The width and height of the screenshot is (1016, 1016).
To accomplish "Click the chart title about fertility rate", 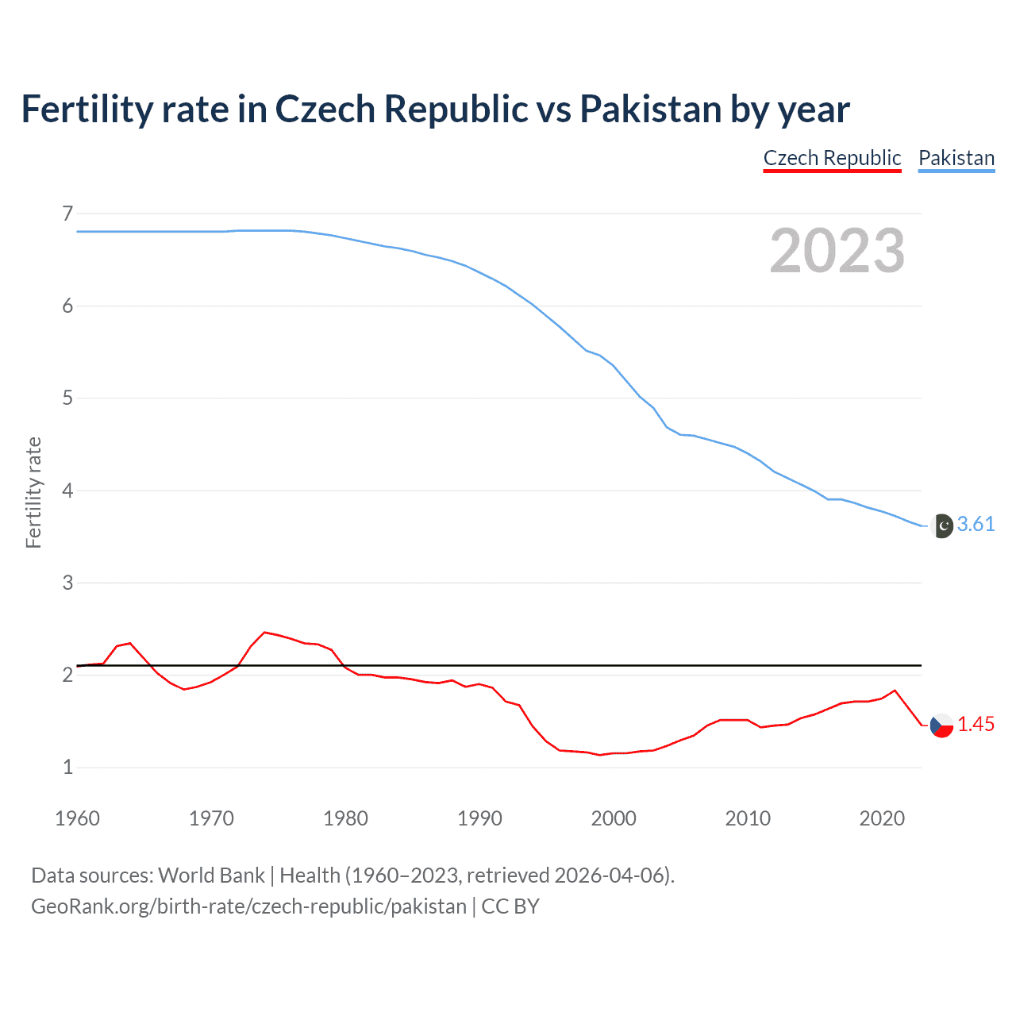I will click(x=435, y=110).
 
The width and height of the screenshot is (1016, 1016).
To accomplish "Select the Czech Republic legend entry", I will click(x=832, y=158).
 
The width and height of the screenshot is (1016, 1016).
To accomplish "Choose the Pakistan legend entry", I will click(x=956, y=158).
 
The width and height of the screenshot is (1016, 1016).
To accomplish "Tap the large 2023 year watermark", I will click(x=837, y=251).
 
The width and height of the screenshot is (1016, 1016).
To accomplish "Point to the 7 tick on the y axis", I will click(x=67, y=214).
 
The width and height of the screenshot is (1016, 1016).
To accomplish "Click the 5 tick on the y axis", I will click(x=67, y=398).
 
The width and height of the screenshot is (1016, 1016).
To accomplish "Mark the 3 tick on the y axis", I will click(x=67, y=583).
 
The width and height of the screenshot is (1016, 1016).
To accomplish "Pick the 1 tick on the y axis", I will click(x=67, y=767).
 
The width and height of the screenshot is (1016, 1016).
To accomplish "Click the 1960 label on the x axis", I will click(x=77, y=818).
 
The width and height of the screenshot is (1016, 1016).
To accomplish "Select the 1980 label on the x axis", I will click(x=345, y=818).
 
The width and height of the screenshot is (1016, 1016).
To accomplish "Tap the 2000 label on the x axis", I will click(x=614, y=818).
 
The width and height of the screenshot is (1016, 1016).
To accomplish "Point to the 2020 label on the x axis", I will click(x=882, y=818).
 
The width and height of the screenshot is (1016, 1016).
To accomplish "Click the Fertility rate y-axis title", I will click(x=33, y=492).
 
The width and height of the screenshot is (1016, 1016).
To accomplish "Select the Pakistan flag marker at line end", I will click(x=941, y=525).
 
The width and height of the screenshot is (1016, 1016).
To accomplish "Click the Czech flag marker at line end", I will click(x=941, y=725).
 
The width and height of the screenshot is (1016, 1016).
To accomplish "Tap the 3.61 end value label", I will click(x=976, y=524).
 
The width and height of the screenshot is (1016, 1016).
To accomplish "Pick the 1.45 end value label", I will click(x=976, y=724).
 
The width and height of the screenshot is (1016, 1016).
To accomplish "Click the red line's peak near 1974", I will click(x=265, y=633).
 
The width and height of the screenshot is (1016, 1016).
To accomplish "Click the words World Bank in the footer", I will click(x=211, y=876).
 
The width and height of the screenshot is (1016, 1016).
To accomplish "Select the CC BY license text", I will click(x=510, y=906).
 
